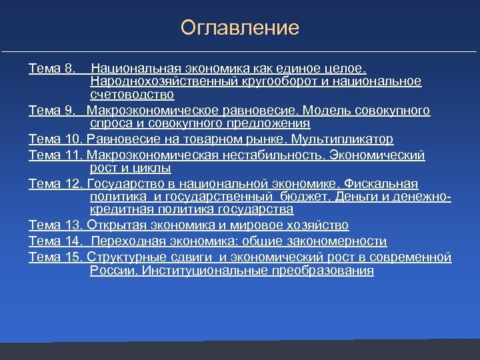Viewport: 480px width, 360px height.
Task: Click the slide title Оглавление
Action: click(x=240, y=28)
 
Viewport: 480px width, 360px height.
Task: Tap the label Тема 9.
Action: click(x=53, y=111)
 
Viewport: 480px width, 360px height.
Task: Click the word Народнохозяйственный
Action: click(x=155, y=81)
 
